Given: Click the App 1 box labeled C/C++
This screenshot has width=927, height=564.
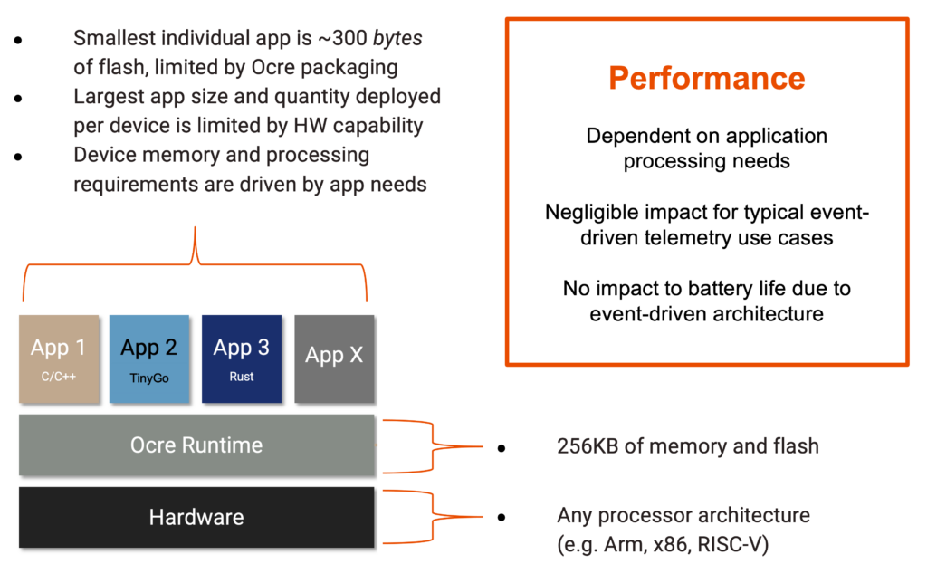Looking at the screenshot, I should coord(58,358).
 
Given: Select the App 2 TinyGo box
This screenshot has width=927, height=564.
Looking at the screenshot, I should coord(148,358).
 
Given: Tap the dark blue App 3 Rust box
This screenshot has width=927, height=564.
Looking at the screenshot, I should coord(241,358).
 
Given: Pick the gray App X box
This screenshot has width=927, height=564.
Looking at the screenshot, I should coord(334,358).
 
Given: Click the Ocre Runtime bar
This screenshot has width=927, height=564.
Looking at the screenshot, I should coord(196,445).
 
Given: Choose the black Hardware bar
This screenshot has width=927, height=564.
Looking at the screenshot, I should coord(196,518).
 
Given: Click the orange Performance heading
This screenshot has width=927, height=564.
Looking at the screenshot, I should coord(706,78).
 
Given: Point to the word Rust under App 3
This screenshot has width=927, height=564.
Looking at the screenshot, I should coord(241,377).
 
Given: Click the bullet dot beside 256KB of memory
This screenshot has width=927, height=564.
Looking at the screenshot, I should coord(501,446).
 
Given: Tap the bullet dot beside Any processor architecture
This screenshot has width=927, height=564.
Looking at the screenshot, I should coord(501,517).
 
